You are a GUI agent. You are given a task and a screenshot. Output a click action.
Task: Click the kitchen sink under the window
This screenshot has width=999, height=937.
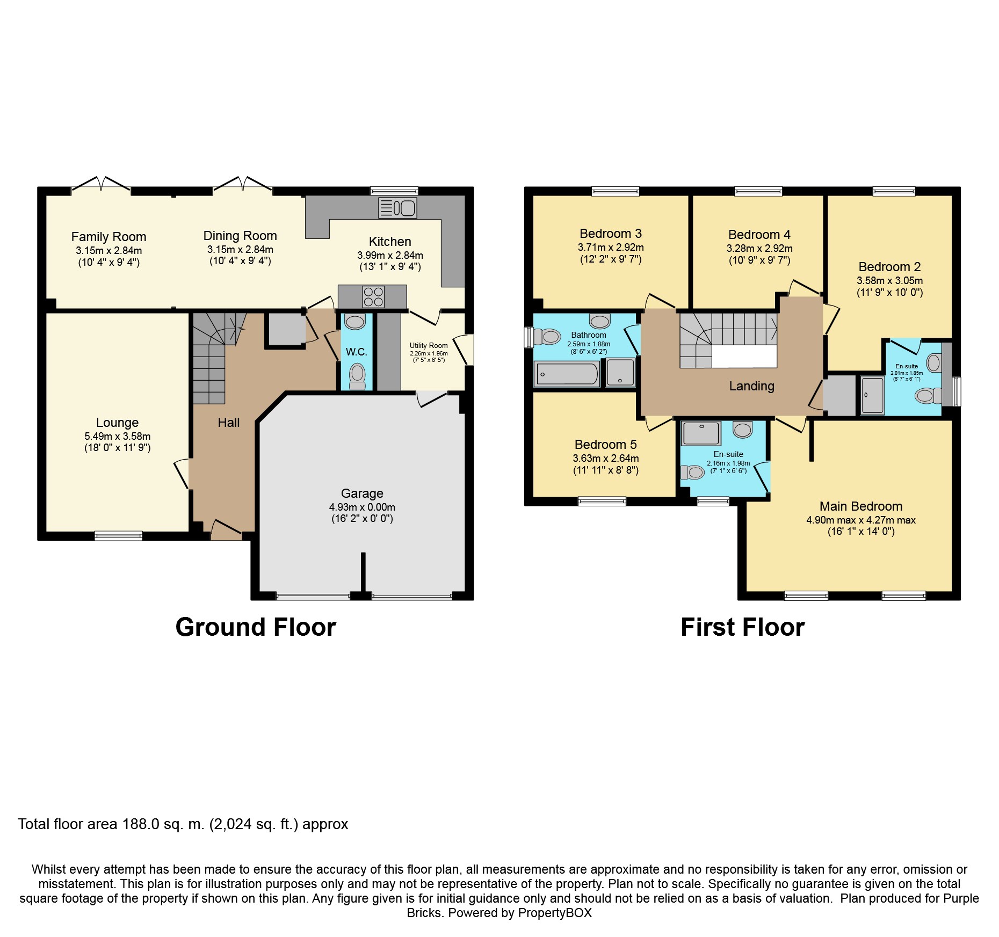click(x=397, y=208)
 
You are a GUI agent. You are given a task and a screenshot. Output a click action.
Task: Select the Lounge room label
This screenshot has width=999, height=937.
click(x=117, y=423)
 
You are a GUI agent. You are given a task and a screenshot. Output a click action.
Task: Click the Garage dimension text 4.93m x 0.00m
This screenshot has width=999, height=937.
click(x=362, y=507)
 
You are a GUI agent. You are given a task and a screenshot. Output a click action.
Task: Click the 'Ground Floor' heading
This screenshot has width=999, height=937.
click(x=256, y=627)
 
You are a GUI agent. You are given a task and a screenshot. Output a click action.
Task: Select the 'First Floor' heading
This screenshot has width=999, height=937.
click(x=743, y=627)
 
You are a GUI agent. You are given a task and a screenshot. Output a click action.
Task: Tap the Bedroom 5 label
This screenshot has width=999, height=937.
click(x=605, y=445)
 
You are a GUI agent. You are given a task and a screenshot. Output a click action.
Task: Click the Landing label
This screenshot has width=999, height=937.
click(x=751, y=386)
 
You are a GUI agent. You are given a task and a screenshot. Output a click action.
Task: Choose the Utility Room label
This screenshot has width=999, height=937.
click(x=429, y=345)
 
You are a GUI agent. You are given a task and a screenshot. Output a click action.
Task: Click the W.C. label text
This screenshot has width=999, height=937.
click(x=357, y=352)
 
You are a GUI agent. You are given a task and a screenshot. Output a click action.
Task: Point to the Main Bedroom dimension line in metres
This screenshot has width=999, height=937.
click(x=861, y=520)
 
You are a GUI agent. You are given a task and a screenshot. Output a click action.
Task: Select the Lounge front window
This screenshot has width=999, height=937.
click(x=118, y=535)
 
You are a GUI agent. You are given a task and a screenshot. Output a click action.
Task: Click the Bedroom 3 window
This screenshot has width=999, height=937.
click(x=616, y=191)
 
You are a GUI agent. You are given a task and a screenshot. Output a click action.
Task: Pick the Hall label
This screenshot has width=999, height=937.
click(x=229, y=423)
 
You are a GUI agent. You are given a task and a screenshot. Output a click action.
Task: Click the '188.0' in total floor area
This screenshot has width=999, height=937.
click(x=141, y=824)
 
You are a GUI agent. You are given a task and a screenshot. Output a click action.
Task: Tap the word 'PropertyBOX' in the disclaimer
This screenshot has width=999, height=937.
click(x=555, y=913)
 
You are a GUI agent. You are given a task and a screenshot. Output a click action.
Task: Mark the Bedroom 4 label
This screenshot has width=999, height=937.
click(x=759, y=235)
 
